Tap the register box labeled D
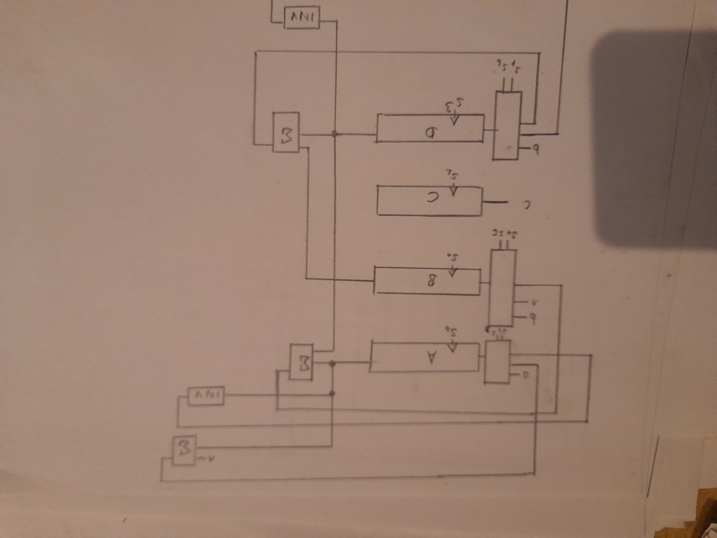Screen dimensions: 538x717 pos(429,127)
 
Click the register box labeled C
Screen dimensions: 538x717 pos(429,199)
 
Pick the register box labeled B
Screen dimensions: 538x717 pos(429,281)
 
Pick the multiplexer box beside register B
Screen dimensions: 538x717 pos(503,286)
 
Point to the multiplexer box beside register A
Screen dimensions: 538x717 pos(496,361)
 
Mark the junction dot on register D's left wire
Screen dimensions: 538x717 pos(334,134)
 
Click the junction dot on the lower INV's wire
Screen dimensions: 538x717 pos(333,393)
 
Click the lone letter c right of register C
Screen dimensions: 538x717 pos(527,204)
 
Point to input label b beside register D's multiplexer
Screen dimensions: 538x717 pos(536,149)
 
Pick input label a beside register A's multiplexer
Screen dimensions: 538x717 pos(526,371)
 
